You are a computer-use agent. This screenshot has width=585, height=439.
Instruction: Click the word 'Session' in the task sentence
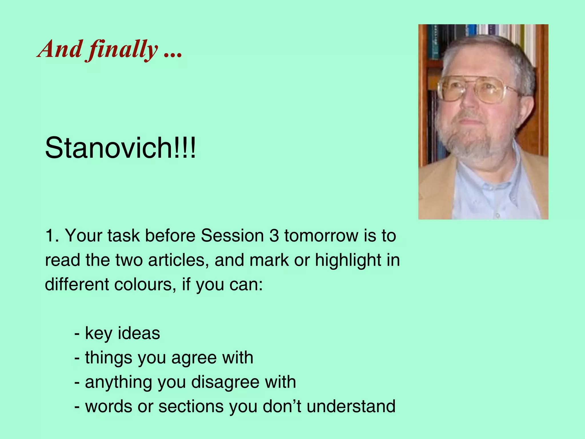tap(232, 236)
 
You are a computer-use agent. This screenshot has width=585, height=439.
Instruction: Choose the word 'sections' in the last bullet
tap(191, 406)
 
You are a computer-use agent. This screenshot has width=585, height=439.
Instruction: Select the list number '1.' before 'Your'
tap(52, 236)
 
